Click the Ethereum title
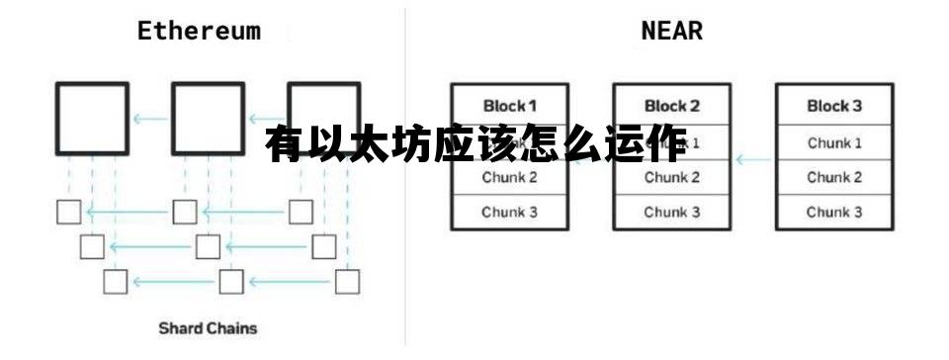(199, 30)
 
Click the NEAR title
(671, 30)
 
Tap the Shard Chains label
(208, 327)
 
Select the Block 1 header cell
(509, 106)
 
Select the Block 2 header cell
(671, 106)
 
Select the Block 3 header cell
(833, 106)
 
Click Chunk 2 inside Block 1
(509, 178)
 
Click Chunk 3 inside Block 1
(509, 212)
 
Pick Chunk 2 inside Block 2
(671, 178)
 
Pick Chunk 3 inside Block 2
(671, 212)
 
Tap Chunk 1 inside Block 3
(833, 143)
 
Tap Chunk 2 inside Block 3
(833, 178)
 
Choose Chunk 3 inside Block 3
(833, 212)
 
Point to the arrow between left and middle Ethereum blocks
(150, 120)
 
